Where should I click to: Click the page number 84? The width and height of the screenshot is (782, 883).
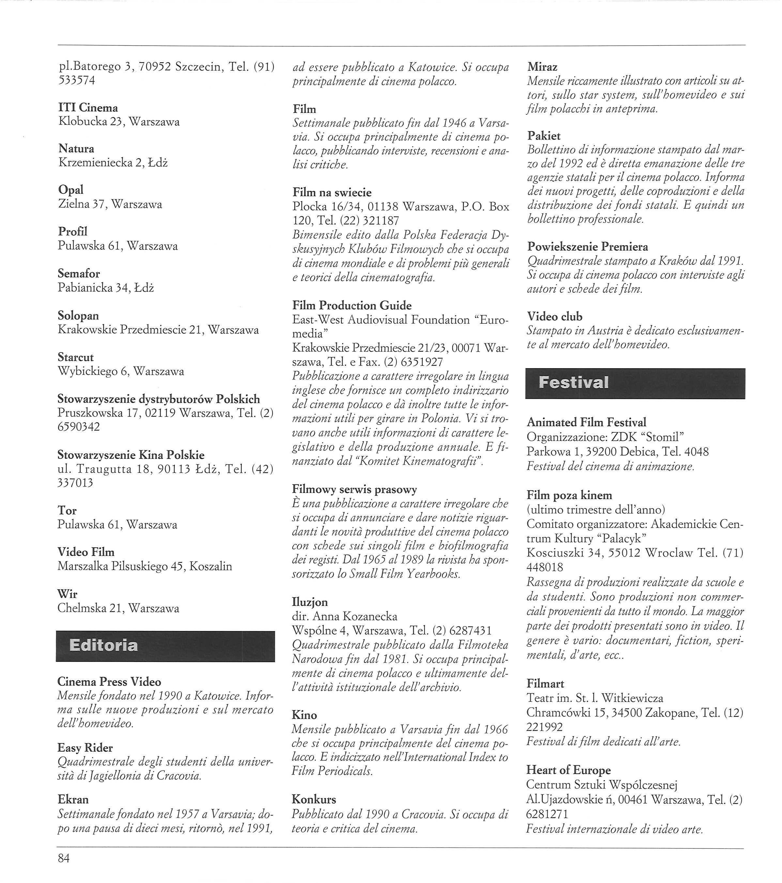[x=64, y=858]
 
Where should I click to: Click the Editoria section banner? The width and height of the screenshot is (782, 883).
[x=165, y=646]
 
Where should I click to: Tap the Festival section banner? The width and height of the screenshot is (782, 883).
[x=635, y=383]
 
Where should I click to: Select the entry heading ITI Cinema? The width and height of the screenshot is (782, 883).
[x=88, y=108]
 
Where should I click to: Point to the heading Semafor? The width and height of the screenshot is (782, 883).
[x=79, y=274]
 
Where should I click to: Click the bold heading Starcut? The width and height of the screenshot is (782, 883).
[x=76, y=357]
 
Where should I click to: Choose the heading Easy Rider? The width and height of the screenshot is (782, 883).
[x=85, y=747]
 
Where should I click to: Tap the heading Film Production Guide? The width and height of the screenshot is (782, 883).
[x=352, y=306]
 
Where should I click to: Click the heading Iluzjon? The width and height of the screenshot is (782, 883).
[x=310, y=602]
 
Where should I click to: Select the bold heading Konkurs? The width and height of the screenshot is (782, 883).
[x=314, y=799]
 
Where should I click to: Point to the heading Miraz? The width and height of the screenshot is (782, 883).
[x=543, y=67]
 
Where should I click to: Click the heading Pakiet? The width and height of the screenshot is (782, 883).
[x=544, y=136]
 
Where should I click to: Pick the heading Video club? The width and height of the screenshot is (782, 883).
[x=555, y=316]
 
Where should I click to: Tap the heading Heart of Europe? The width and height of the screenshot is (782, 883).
[x=568, y=770]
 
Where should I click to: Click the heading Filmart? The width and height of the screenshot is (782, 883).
[x=545, y=683]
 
